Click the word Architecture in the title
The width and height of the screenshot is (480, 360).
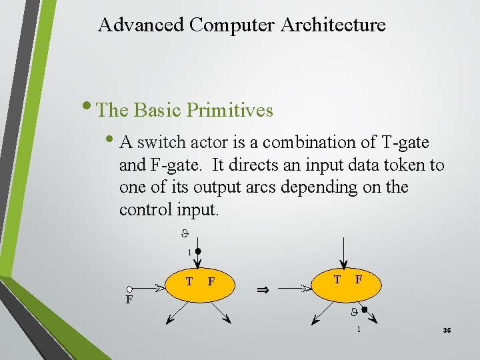[x=333, y=25]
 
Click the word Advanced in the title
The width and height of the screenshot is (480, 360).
[x=141, y=25]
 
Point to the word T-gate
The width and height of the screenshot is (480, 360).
[x=405, y=143]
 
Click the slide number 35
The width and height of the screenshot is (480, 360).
[x=446, y=330]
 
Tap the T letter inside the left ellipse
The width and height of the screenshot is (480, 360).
[x=189, y=281]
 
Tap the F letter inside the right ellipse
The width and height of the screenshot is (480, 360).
[x=359, y=279]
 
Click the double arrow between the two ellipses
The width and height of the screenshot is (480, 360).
[x=263, y=290]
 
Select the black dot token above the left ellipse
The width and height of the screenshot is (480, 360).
[x=198, y=253]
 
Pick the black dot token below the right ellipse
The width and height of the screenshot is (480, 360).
[x=364, y=311]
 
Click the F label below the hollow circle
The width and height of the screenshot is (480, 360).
[x=130, y=300]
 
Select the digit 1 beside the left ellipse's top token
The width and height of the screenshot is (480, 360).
[x=189, y=252]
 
